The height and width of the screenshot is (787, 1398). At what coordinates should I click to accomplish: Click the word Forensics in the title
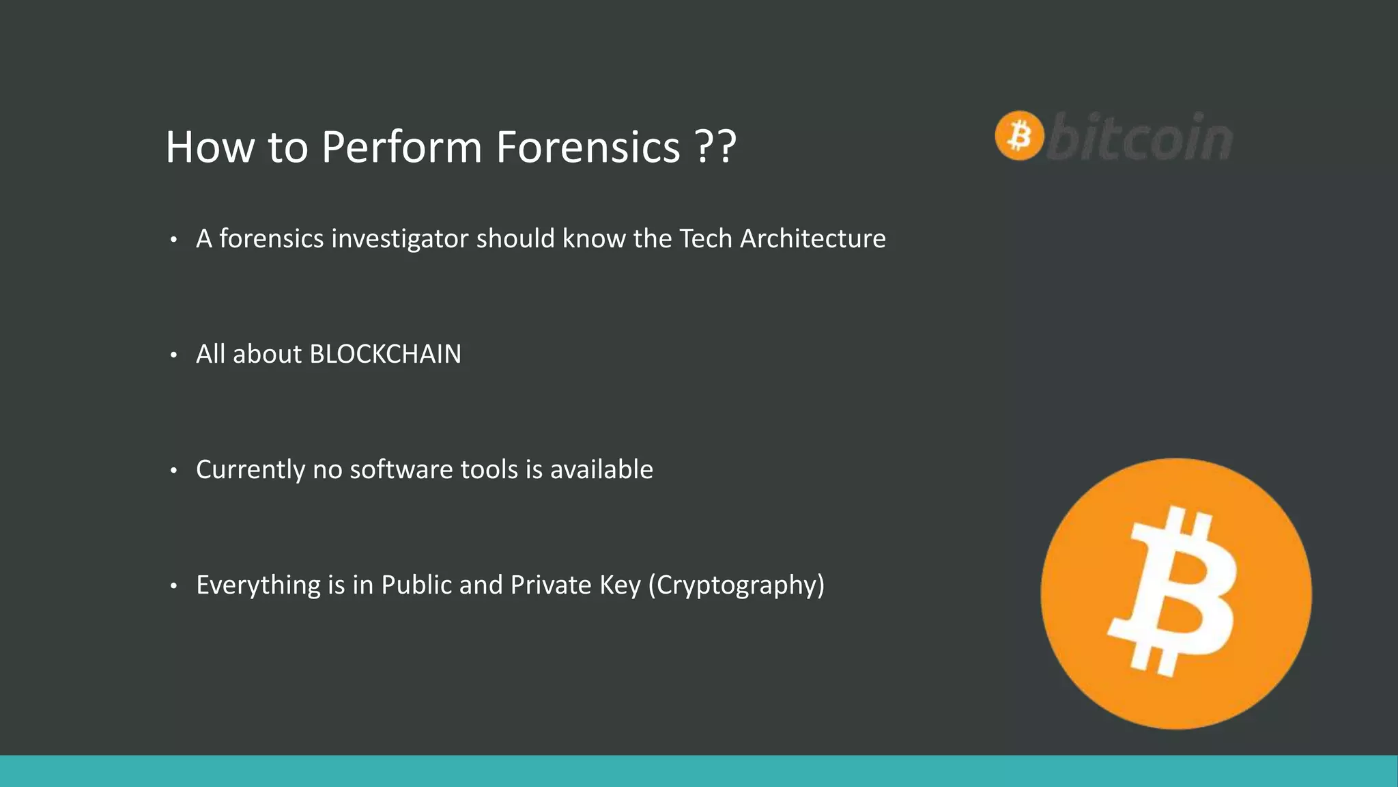588,147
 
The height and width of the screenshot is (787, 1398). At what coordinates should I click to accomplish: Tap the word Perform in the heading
401,147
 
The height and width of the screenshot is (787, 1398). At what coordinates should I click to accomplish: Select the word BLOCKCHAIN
385,354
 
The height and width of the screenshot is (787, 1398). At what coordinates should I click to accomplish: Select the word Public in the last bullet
416,585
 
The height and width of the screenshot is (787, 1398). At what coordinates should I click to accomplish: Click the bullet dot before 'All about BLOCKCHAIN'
174,355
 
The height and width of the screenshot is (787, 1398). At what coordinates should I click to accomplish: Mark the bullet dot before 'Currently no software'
174,470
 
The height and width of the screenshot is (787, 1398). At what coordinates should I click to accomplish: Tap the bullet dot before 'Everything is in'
174,585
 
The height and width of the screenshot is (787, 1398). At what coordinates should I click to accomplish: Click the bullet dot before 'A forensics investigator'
174,239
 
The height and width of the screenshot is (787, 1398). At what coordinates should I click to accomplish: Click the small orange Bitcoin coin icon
1019,135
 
